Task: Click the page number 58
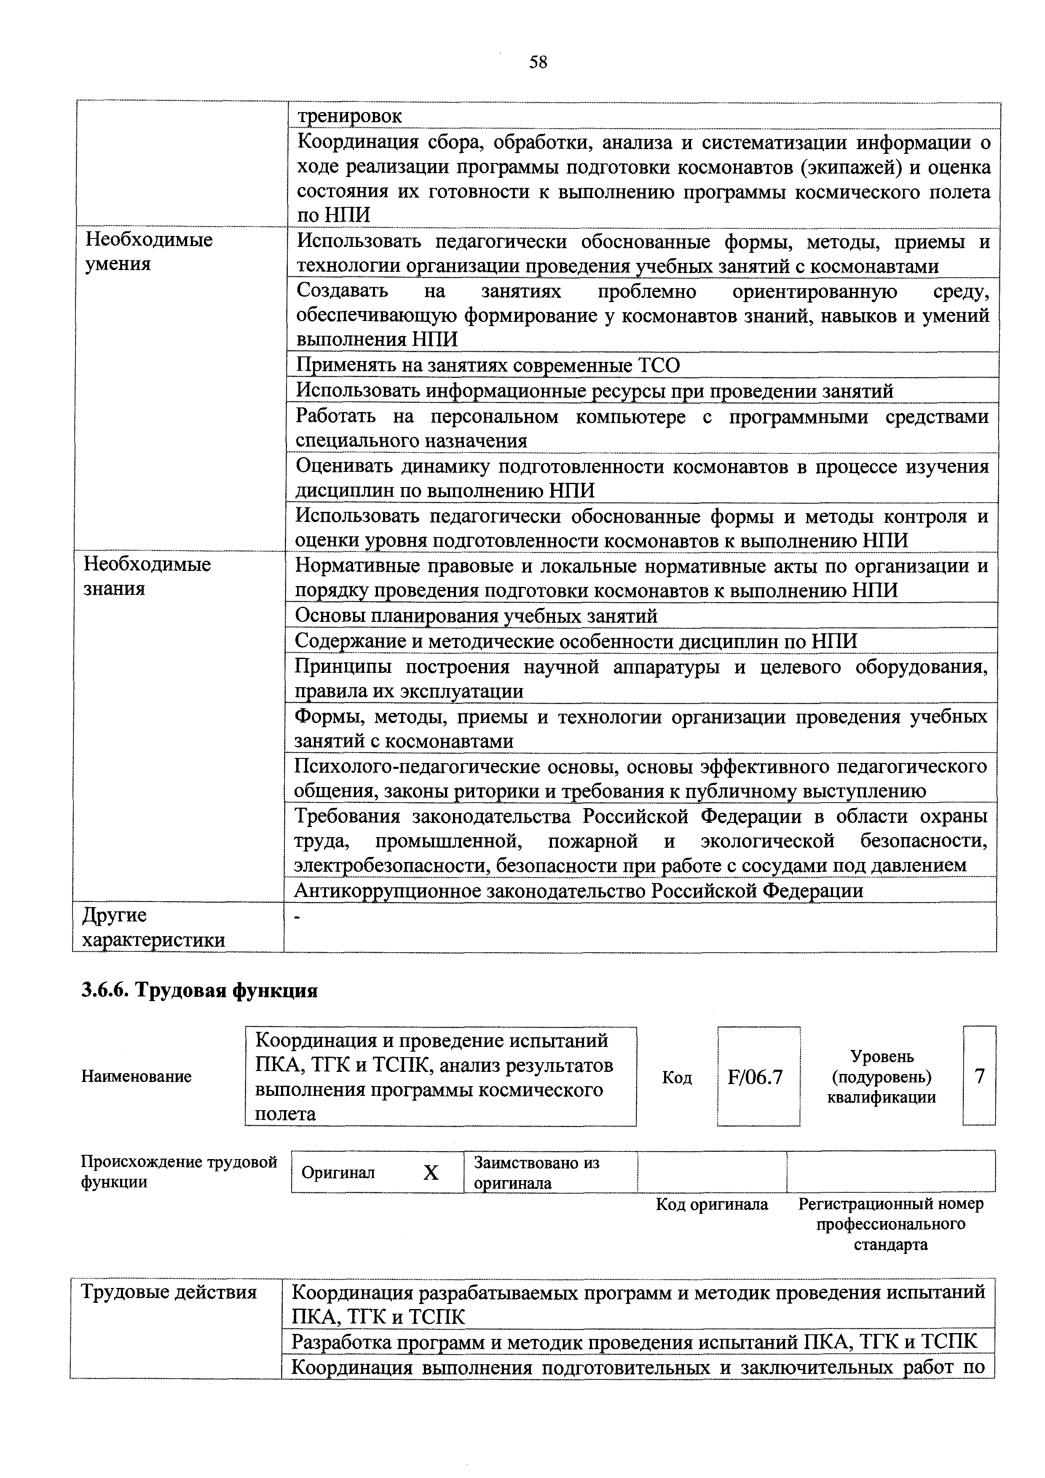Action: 538,62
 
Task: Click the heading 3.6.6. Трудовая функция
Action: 200,991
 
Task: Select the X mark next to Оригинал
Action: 431,1173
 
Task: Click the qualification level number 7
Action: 979,1076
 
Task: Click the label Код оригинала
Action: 711,1205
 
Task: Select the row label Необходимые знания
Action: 147,576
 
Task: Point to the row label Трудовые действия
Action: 168,1292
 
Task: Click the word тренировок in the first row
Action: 350,117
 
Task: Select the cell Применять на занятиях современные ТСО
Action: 488,365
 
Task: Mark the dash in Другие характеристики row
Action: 297,917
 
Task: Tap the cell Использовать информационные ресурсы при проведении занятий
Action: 594,391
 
